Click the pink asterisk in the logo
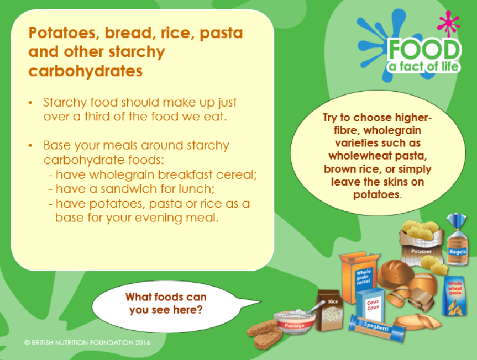[x=448, y=23]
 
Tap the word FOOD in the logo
[x=424, y=50]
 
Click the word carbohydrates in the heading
[x=86, y=71]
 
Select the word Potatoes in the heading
[x=64, y=33]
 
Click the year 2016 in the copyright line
[x=143, y=343]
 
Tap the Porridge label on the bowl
[x=294, y=326]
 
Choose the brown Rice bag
[x=329, y=310]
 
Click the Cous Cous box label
[x=373, y=304]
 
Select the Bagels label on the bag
[x=458, y=252]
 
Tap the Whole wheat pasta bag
[x=454, y=296]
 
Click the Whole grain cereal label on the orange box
[x=364, y=277]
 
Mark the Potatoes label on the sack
[x=421, y=251]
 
